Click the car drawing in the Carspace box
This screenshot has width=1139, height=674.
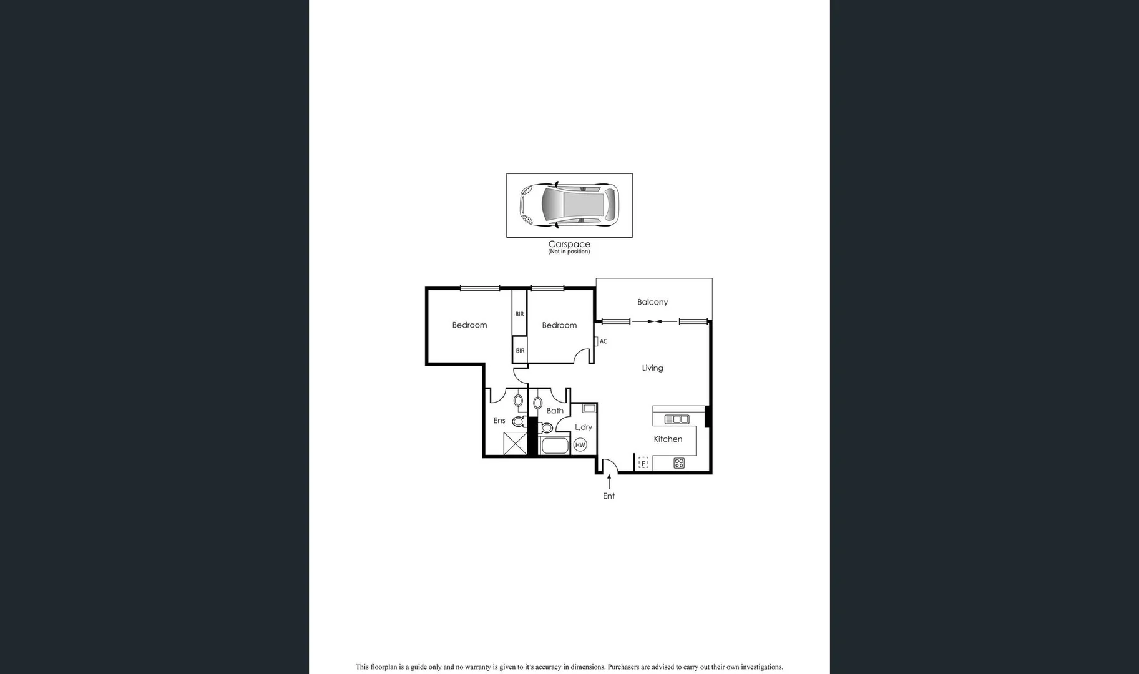(x=569, y=204)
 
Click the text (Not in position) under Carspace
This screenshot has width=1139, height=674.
(x=569, y=252)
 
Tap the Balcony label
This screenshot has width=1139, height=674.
(x=652, y=302)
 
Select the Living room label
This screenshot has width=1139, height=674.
(x=652, y=368)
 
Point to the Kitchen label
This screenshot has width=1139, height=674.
(x=668, y=439)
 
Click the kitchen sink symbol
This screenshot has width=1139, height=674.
(x=677, y=419)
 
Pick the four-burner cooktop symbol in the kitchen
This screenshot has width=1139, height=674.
(x=679, y=463)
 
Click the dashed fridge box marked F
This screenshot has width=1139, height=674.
(x=643, y=463)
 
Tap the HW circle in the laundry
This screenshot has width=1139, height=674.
(x=580, y=445)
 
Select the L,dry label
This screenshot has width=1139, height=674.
(x=584, y=427)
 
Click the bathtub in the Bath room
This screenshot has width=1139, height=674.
(x=554, y=446)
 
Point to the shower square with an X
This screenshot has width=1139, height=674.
(x=516, y=444)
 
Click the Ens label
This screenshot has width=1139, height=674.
(x=499, y=421)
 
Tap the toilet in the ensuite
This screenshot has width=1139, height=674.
(x=518, y=422)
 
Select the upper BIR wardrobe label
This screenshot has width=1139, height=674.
(x=519, y=315)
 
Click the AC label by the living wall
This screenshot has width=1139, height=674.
(x=603, y=342)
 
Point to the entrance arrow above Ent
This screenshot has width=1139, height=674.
(x=609, y=481)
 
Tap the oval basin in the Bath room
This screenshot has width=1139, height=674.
(x=538, y=403)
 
